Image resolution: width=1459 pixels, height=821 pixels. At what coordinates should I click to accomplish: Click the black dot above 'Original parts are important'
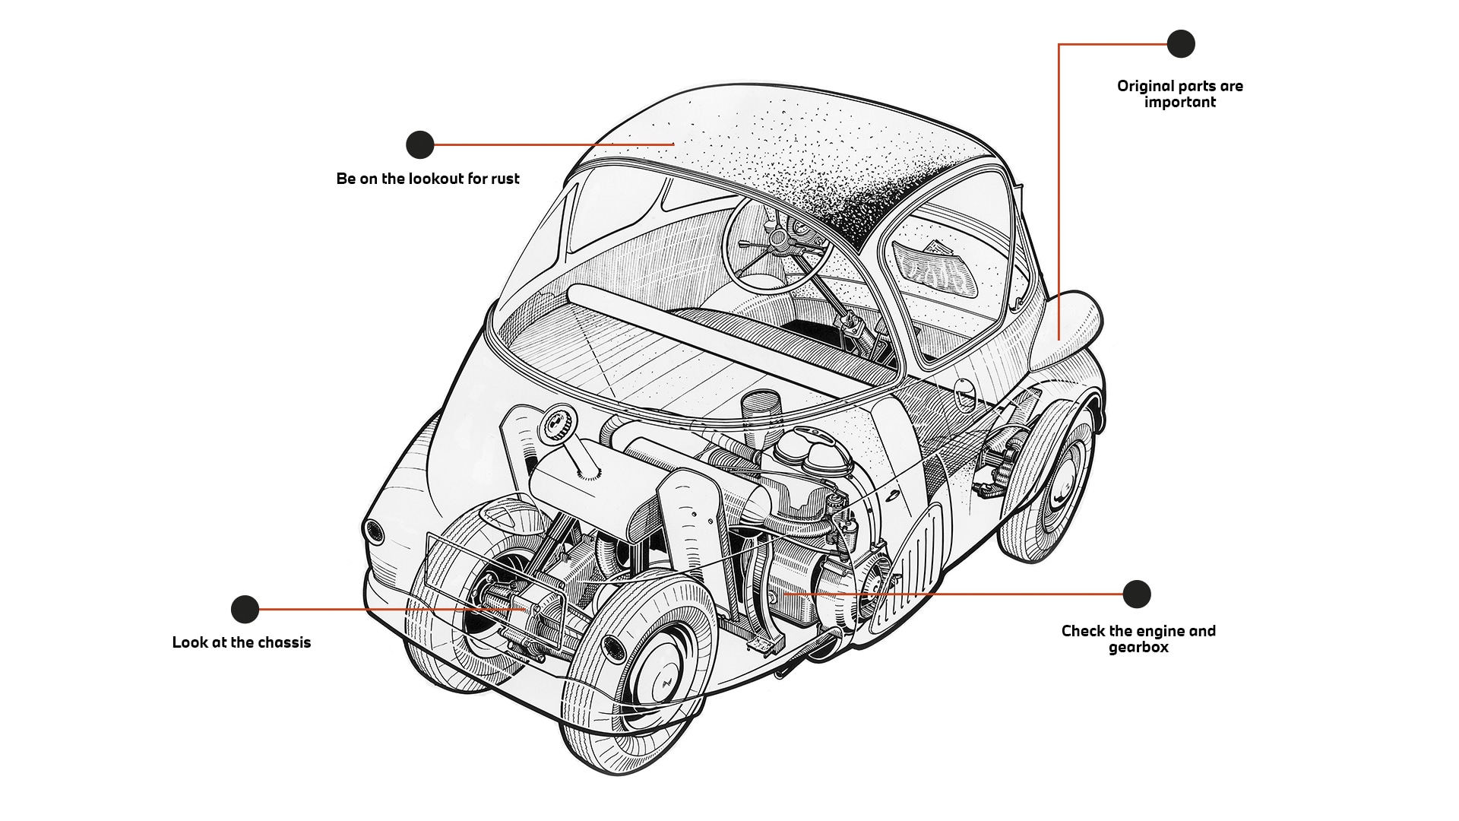pos(1180,44)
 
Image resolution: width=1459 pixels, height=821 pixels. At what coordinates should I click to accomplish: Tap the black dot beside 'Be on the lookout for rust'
pos(419,144)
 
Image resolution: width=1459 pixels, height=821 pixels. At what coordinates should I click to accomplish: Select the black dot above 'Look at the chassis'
pos(245,609)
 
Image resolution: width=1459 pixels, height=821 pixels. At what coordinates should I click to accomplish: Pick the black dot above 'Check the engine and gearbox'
pos(1136,594)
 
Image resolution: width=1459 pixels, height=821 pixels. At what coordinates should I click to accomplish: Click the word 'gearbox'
pos(1138,648)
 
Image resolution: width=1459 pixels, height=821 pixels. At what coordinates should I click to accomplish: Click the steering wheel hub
pos(777,239)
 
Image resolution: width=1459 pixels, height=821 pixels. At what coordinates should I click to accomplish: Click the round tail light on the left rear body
pos(372,531)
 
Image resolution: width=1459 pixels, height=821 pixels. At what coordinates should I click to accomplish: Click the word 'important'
pos(1179,103)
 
